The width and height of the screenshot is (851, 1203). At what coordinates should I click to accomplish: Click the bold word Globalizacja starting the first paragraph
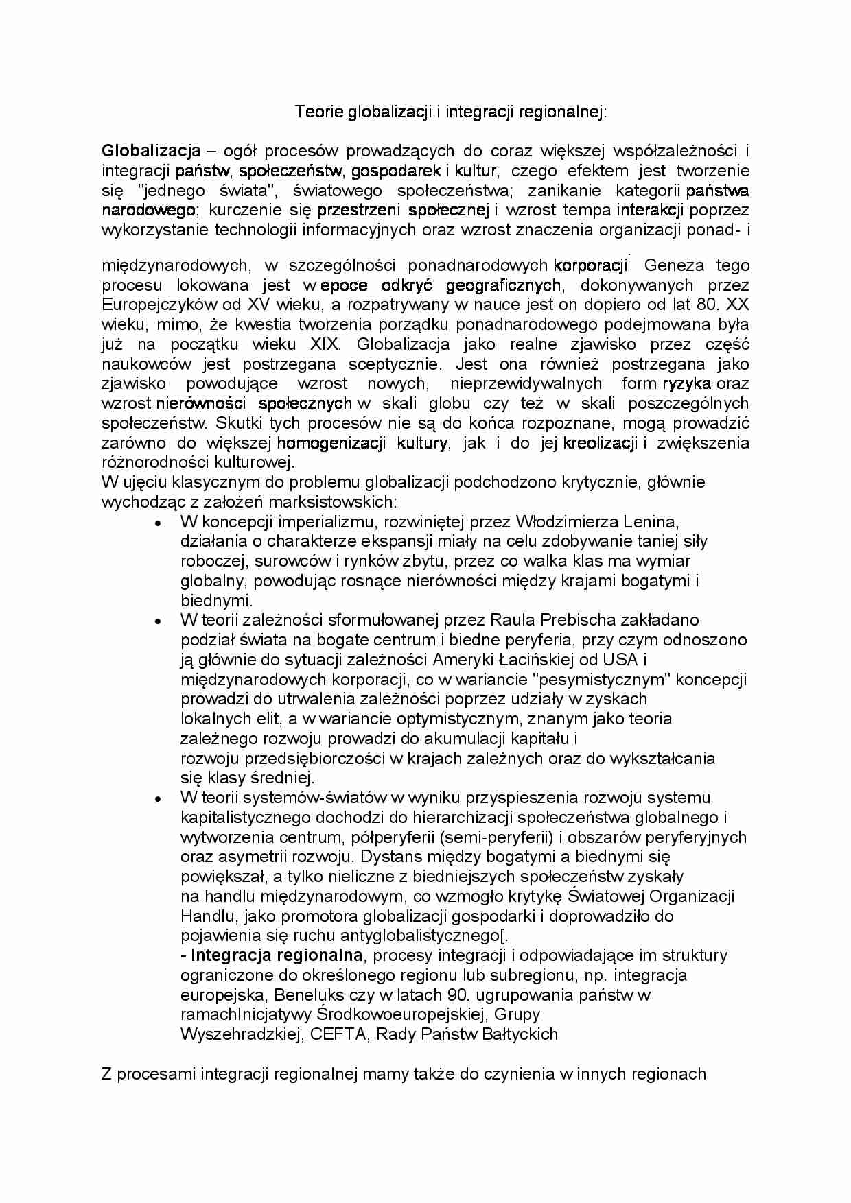(151, 151)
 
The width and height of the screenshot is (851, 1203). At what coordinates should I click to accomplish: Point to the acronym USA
(620, 660)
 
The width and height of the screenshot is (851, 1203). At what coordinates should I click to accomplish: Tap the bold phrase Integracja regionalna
(277, 955)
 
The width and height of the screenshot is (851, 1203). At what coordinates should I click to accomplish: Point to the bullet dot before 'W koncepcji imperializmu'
(158, 523)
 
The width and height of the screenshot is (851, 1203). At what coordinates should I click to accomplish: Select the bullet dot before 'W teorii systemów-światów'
(158, 799)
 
